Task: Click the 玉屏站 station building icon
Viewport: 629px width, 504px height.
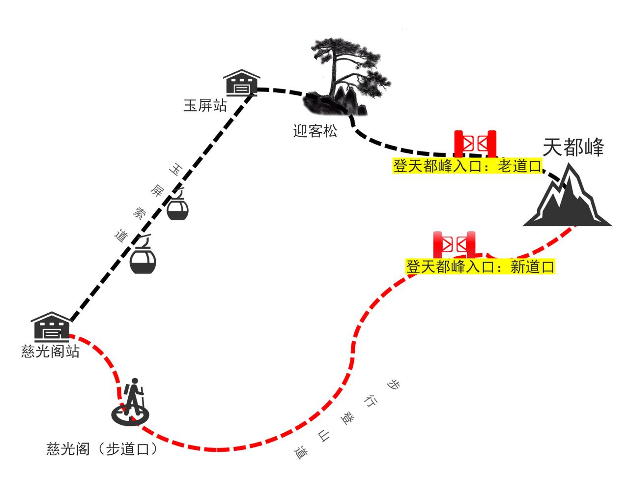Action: tap(241, 82)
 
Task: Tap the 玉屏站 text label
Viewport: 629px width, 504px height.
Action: tap(205, 105)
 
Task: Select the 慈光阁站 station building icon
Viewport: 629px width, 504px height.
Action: tap(50, 326)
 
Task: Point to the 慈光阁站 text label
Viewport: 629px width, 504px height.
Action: tap(51, 352)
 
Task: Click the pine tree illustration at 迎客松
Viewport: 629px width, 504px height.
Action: tap(344, 79)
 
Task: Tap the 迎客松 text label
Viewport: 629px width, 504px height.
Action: tap(315, 131)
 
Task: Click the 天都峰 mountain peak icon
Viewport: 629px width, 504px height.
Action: tap(567, 199)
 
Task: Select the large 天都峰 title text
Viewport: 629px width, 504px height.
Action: tap(573, 147)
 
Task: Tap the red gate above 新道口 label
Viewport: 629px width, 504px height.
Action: tap(455, 244)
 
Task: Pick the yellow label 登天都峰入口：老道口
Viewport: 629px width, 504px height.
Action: tap(467, 166)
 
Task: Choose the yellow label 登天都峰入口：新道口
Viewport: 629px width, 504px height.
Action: tap(480, 267)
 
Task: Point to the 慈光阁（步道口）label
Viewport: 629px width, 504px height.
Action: tap(103, 449)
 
